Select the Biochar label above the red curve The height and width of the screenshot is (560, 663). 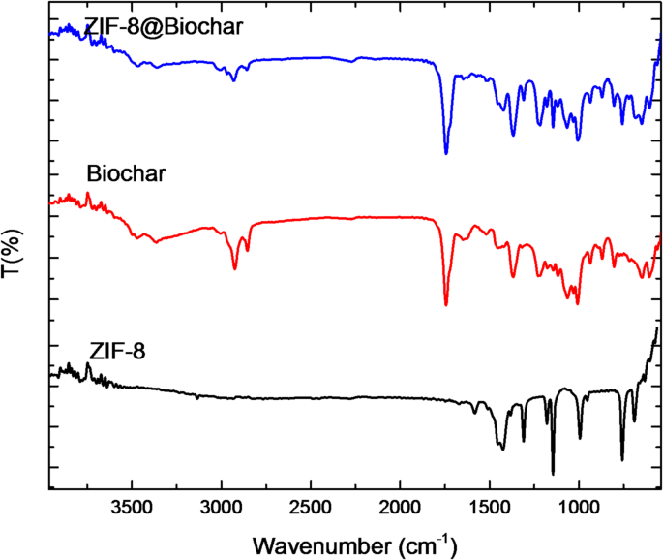(x=128, y=175)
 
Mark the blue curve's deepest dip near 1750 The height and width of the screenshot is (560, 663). (x=446, y=152)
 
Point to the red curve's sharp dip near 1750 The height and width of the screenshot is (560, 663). (x=446, y=304)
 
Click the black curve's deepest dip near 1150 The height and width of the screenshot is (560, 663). (x=553, y=473)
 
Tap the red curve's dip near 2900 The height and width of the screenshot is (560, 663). (x=235, y=268)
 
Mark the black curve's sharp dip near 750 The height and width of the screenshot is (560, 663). (x=622, y=459)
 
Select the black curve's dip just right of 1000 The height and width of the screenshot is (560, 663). (x=580, y=437)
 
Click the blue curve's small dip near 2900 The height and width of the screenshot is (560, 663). (x=234, y=80)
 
